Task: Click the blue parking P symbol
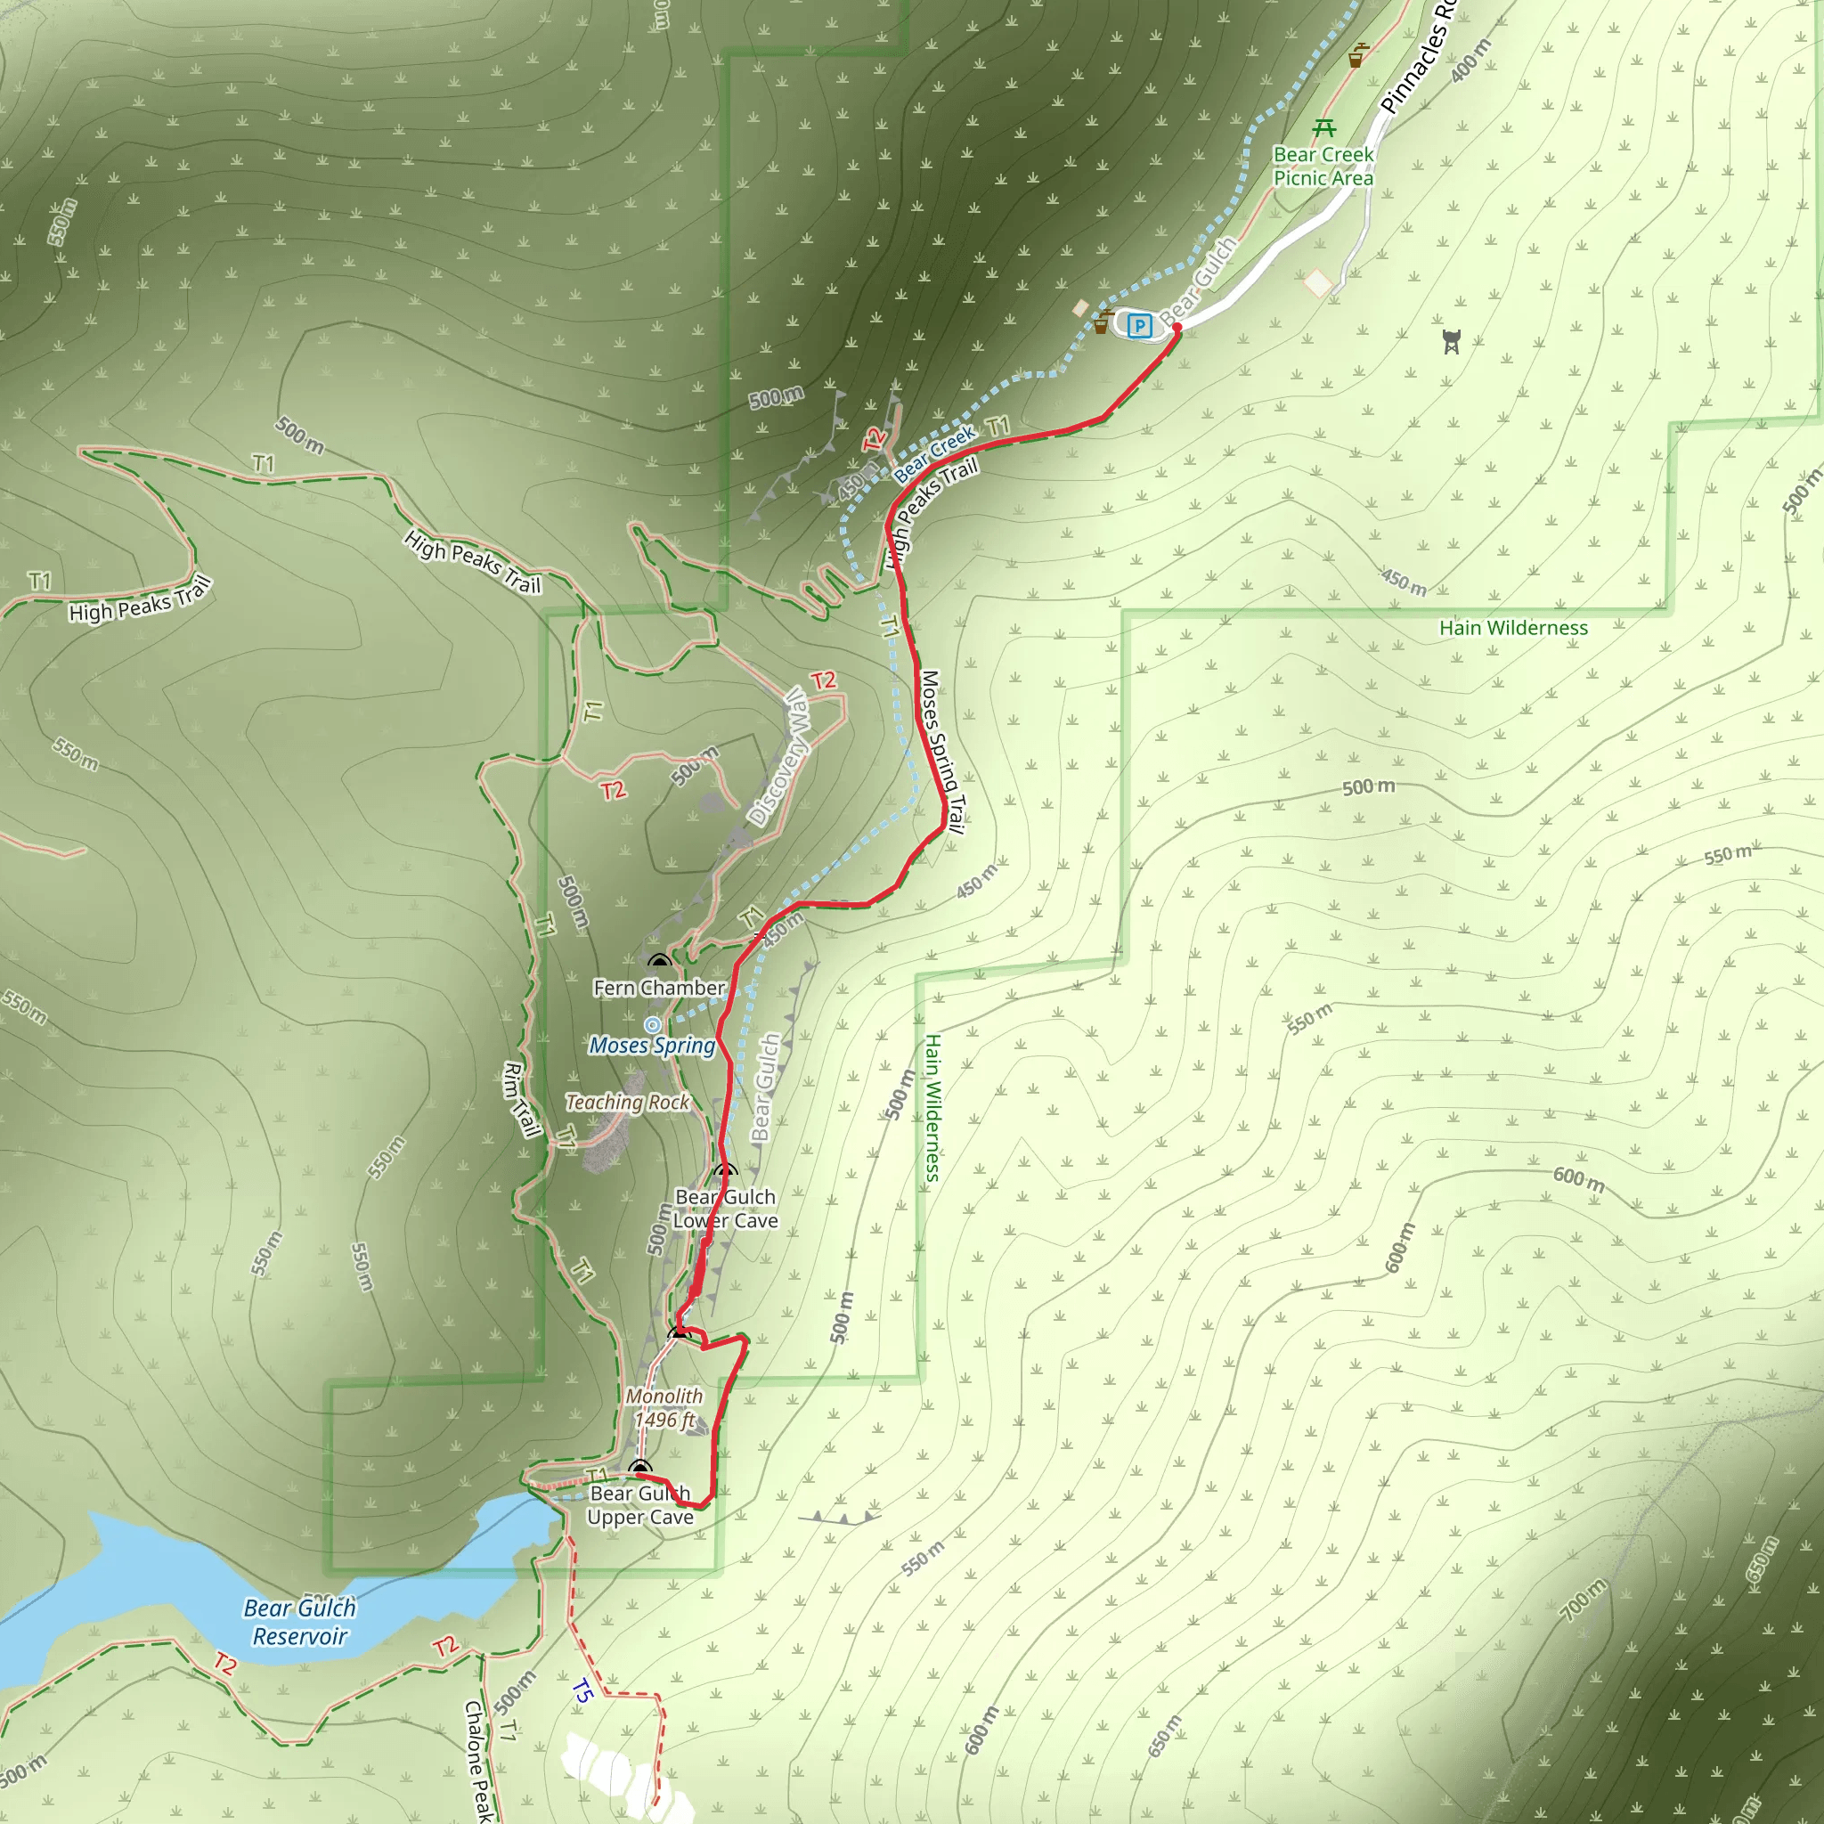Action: pyautogui.click(x=1139, y=327)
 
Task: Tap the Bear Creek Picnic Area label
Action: pyautogui.click(x=1323, y=167)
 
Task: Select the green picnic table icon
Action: pyautogui.click(x=1324, y=127)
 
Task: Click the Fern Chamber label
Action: pyautogui.click(x=659, y=988)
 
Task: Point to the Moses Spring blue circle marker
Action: pyautogui.click(x=652, y=1024)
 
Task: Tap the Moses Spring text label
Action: pyautogui.click(x=651, y=1045)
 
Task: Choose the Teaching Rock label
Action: pyautogui.click(x=628, y=1102)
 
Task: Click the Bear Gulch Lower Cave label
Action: pyautogui.click(x=725, y=1209)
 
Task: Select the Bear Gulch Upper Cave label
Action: pyautogui.click(x=640, y=1505)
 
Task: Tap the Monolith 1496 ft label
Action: pyautogui.click(x=664, y=1408)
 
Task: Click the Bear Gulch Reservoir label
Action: pyautogui.click(x=299, y=1622)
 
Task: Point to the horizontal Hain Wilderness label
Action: pyautogui.click(x=1513, y=628)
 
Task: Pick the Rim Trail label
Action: pyautogui.click(x=521, y=1100)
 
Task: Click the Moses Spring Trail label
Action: pyautogui.click(x=943, y=752)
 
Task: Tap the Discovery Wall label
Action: pyautogui.click(x=779, y=757)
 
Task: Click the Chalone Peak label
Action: pyautogui.click(x=478, y=1762)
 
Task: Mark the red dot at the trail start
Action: pyautogui.click(x=1177, y=328)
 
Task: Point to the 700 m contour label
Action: pyautogui.click(x=1584, y=1600)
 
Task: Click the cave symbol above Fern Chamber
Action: pyautogui.click(x=659, y=962)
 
